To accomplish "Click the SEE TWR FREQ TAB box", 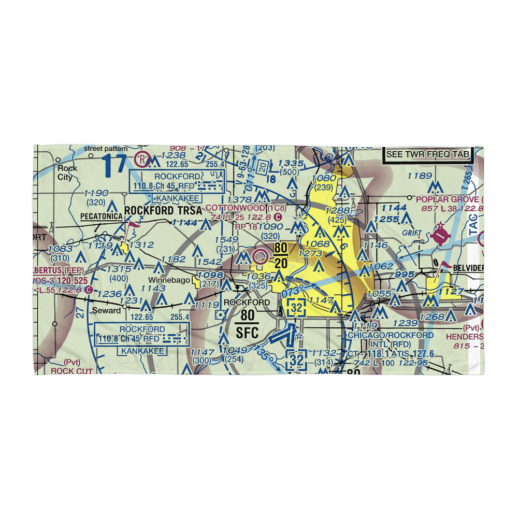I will coord(428,154).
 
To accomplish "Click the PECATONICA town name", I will coord(99,215).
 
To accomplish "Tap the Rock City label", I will coord(67,172).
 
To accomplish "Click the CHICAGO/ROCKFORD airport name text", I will coord(390,336).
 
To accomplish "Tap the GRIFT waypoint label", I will coord(412,233).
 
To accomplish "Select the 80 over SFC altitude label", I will coord(248,324).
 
